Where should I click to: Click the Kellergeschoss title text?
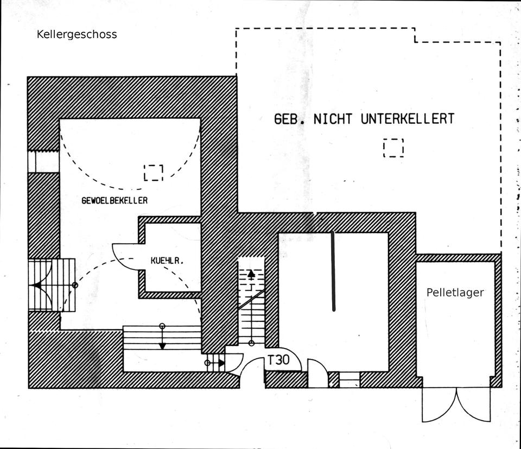77,35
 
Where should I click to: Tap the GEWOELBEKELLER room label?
115,200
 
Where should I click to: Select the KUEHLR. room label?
167,261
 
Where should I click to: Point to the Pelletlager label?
455,293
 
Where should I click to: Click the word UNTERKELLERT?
407,119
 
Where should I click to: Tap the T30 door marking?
278,359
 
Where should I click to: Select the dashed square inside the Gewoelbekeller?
154,172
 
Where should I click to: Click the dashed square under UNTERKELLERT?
393,148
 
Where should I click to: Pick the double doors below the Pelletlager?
457,404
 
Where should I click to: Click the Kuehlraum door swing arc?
123,255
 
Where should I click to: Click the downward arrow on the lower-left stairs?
162,344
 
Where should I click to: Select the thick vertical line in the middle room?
334,270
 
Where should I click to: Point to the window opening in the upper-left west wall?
36,161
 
